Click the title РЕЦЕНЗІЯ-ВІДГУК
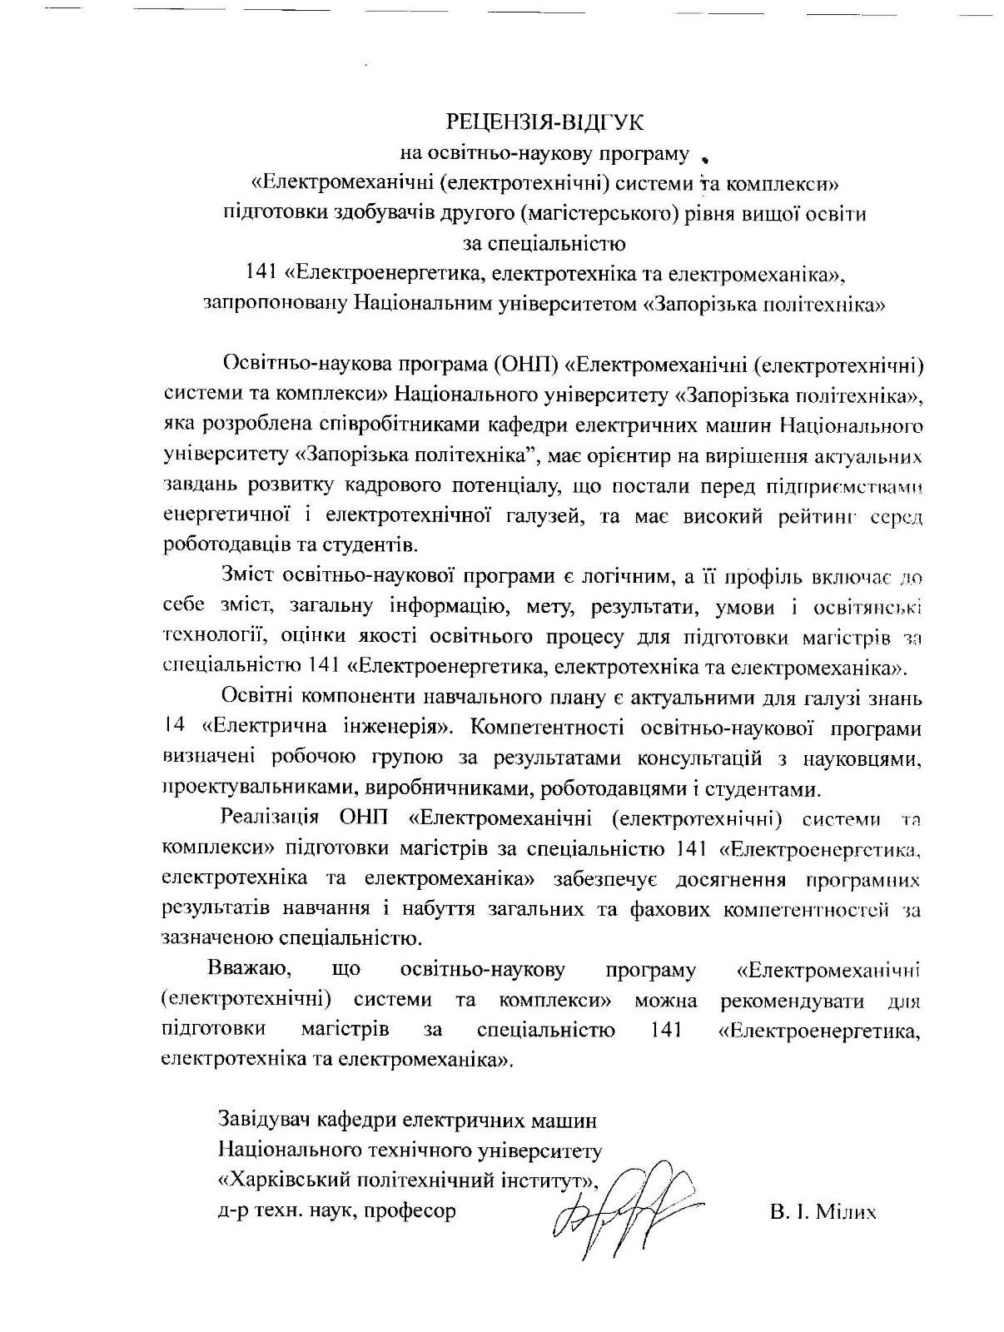point(545,122)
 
